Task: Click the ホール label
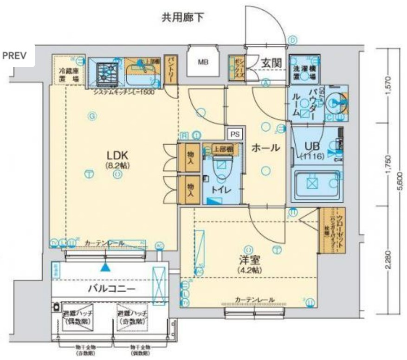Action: point(265,148)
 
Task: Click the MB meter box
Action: point(203,62)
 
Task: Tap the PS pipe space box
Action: point(235,134)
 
